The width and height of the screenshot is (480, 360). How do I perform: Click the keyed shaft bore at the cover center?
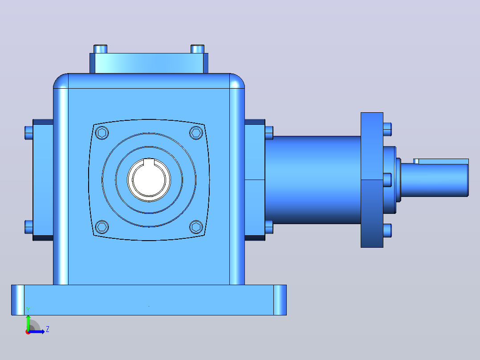coord(149,180)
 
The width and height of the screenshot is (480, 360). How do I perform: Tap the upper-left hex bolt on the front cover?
coord(102,133)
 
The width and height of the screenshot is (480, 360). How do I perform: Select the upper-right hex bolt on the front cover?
coord(196,133)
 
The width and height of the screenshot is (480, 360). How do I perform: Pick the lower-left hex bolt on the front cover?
coord(102,227)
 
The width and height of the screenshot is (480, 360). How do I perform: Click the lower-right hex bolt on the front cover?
coord(196,227)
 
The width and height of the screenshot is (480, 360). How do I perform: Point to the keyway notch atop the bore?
coord(149,161)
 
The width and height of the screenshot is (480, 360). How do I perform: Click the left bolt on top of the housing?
coord(100,49)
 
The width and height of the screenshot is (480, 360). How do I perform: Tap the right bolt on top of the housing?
coord(197,49)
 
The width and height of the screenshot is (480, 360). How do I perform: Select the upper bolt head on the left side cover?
coord(29,133)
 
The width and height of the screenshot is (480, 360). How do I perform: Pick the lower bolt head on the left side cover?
coord(29,227)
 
